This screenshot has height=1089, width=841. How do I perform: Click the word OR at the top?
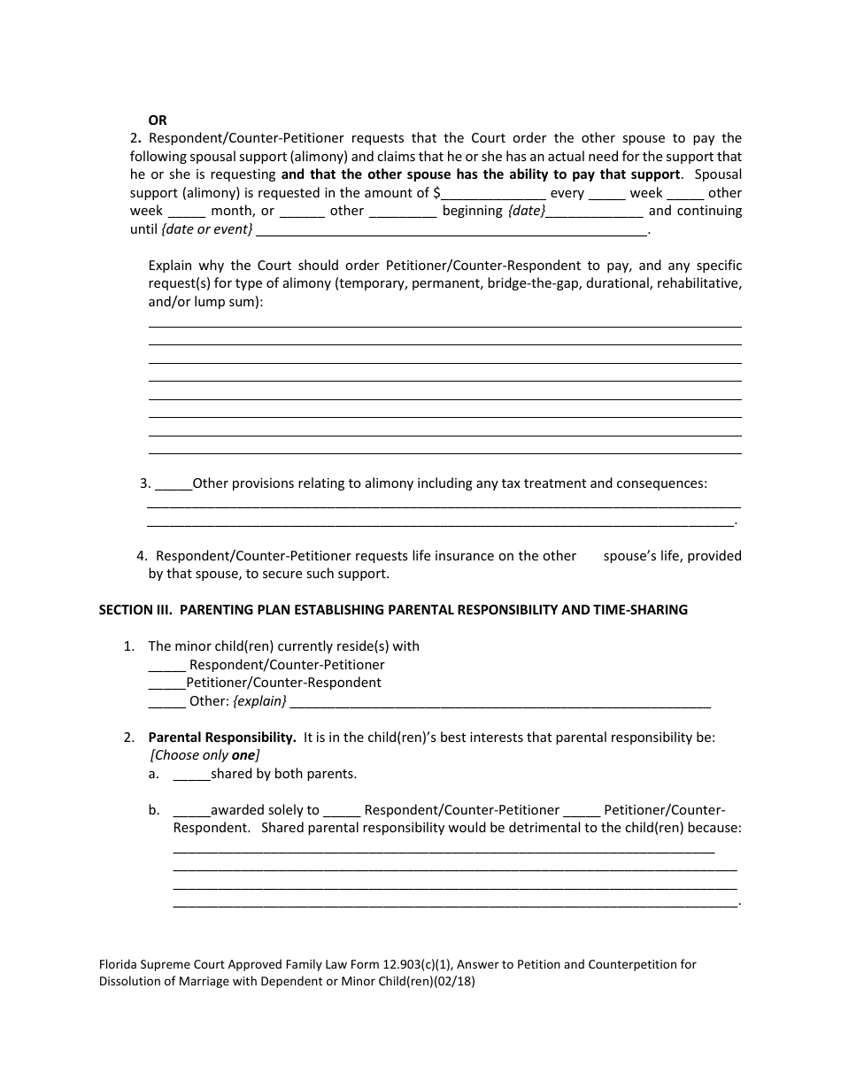coord(157,120)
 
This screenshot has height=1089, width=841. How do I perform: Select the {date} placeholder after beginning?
coord(525,211)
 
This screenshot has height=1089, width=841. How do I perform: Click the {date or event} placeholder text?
coord(207,229)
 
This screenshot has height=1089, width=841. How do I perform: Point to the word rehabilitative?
coord(699,283)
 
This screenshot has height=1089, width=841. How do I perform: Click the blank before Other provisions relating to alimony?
coord(174,484)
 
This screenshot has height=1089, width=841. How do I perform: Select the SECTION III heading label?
coord(135,610)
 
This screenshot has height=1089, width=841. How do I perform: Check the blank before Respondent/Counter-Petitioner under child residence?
coord(166,666)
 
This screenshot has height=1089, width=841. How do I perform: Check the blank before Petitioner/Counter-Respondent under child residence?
coord(166,684)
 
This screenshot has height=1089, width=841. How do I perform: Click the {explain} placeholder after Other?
coord(259,701)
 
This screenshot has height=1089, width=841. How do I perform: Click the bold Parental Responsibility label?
coord(222,737)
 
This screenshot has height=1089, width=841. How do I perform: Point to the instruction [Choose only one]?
coord(204,755)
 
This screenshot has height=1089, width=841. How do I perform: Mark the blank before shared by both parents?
coord(191,775)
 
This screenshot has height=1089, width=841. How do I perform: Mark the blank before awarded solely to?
coord(191,811)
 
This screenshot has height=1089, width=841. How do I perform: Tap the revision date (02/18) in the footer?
coord(454,982)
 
